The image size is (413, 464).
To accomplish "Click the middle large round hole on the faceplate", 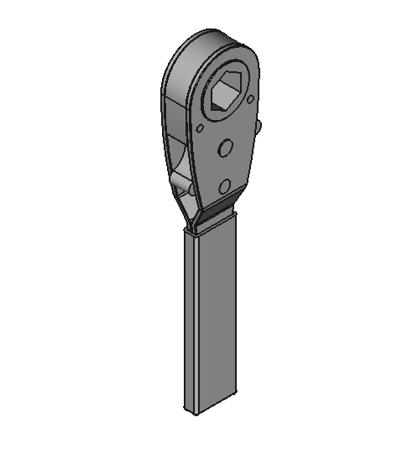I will click(224, 149).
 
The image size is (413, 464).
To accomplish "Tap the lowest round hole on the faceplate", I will click(224, 185).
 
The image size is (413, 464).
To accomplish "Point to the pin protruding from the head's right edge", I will click(259, 128).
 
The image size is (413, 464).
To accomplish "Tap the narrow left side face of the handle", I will click(189, 319).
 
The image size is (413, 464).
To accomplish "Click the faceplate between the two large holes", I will click(224, 167).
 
